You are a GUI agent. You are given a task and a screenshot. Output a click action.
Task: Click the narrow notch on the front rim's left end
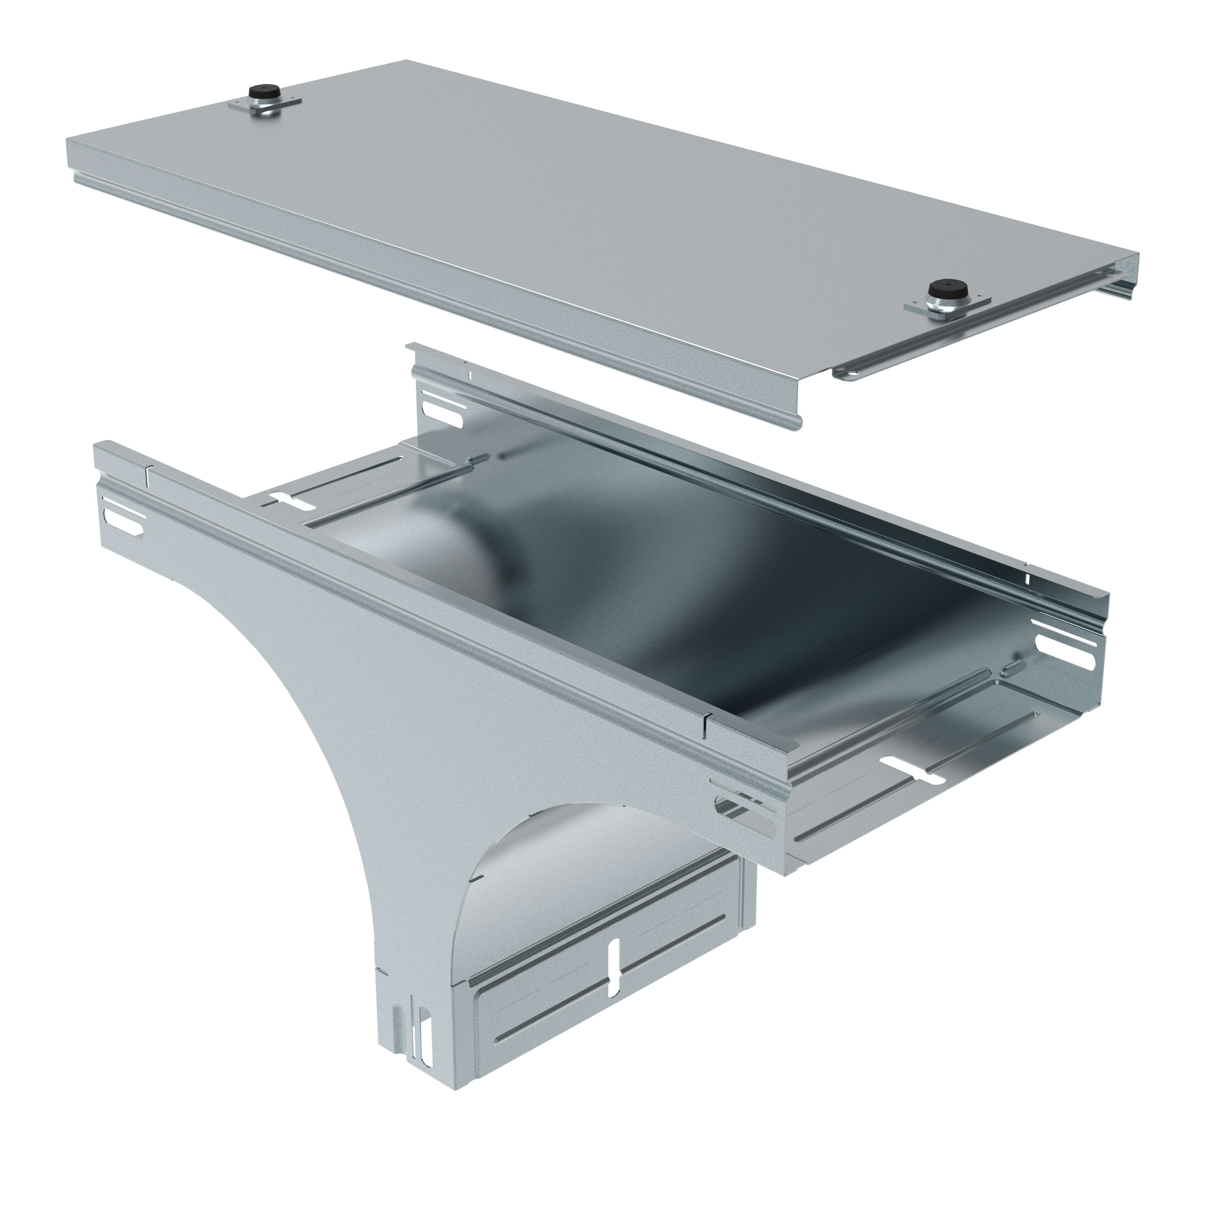coord(147,476)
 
